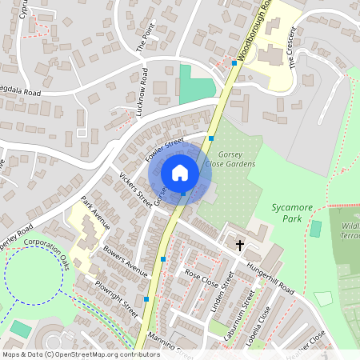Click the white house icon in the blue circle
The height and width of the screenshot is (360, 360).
coord(180,172)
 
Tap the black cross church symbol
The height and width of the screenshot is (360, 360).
coord(238,243)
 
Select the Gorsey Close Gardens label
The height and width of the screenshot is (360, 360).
coord(230,158)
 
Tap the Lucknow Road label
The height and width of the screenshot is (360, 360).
coord(143,92)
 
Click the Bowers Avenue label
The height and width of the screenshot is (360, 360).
coord(126,261)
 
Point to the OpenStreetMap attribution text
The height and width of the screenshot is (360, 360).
coord(82,354)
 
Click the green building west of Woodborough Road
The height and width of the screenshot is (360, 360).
coord(194,85)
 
